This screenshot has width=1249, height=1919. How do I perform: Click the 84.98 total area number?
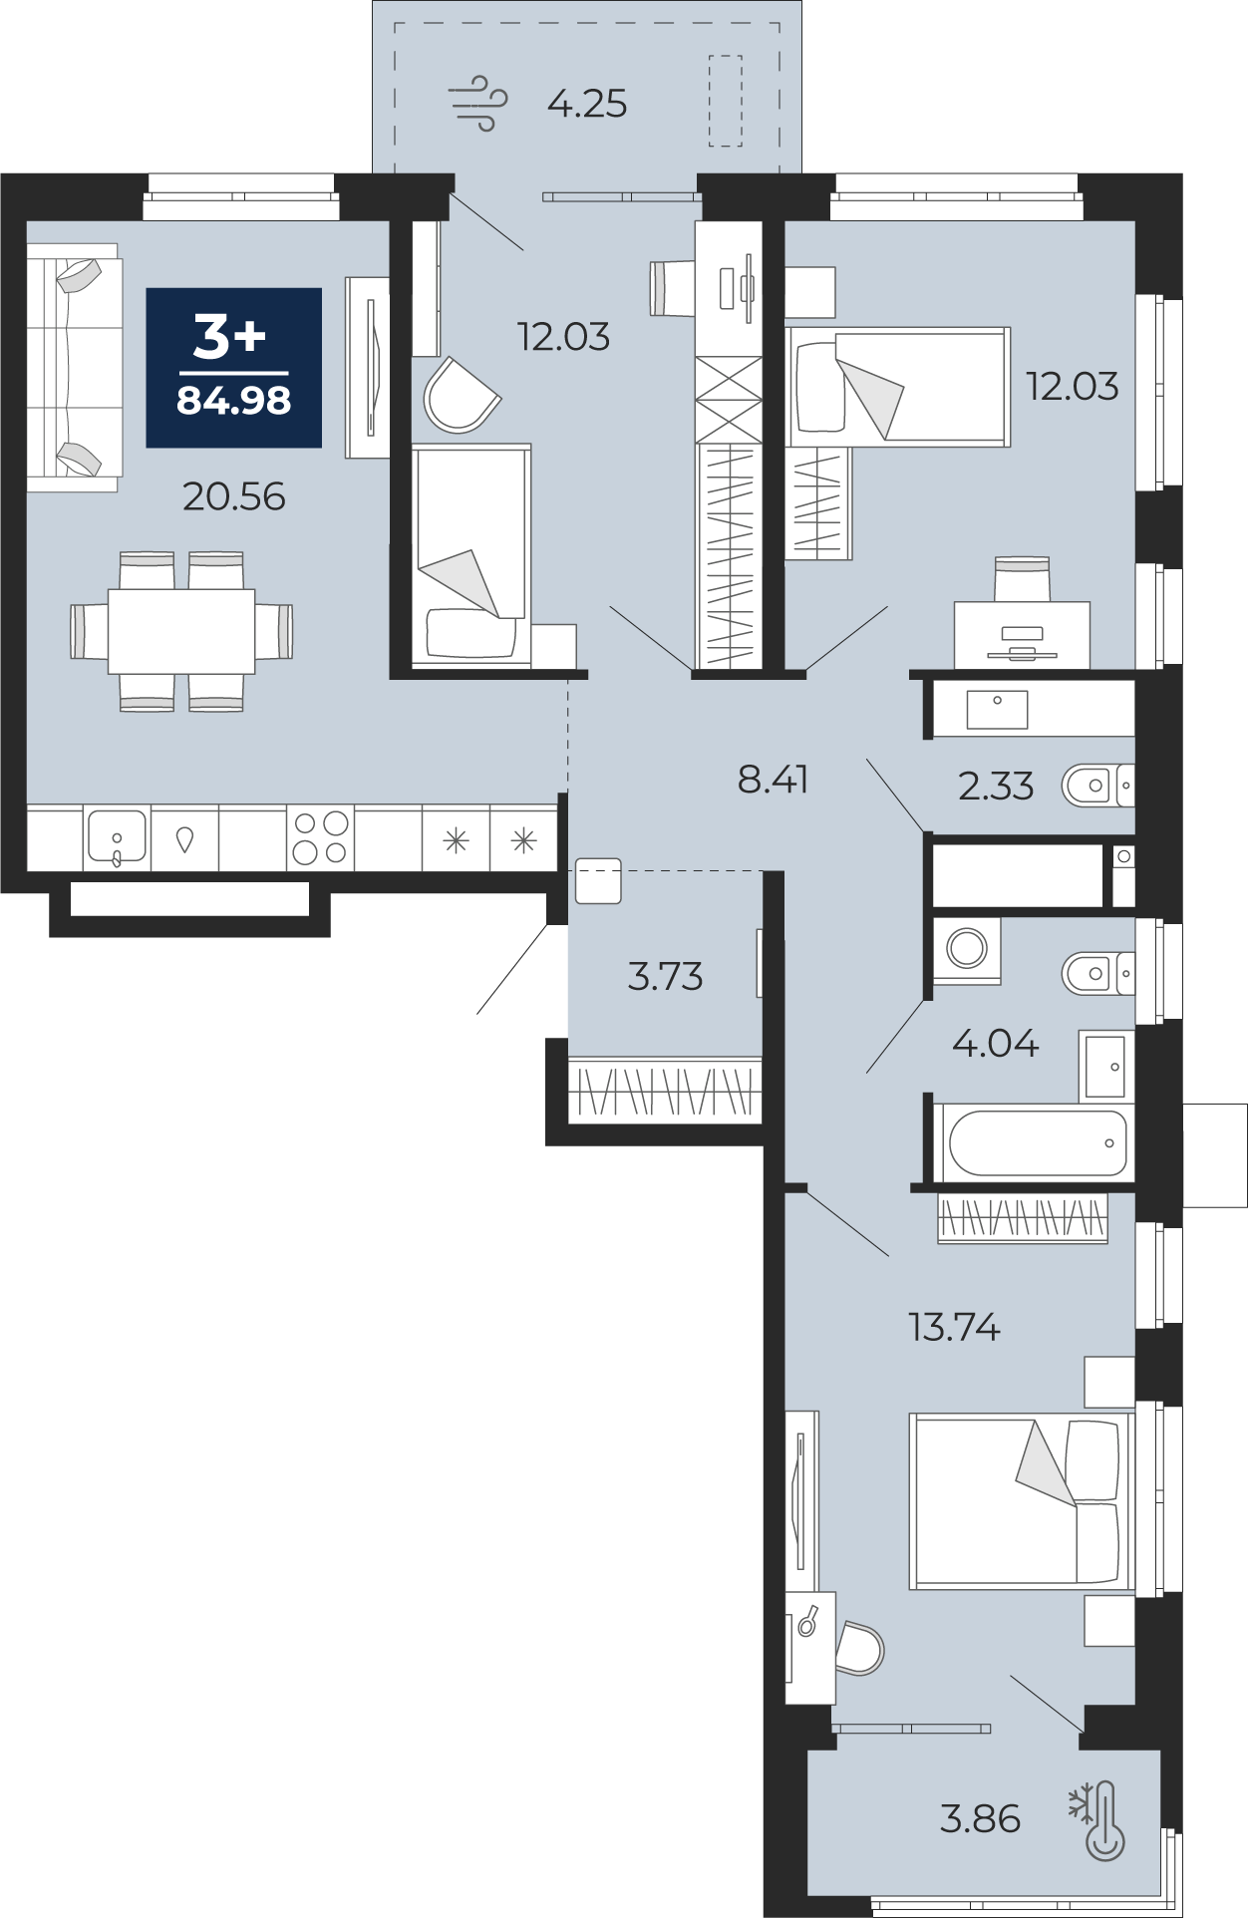(x=234, y=401)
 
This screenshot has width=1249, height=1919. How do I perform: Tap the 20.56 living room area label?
(x=234, y=496)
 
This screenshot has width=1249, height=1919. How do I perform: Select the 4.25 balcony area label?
(x=587, y=104)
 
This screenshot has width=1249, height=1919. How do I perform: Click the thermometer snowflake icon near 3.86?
(x=1098, y=1820)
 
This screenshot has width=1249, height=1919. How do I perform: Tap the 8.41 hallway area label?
(x=773, y=780)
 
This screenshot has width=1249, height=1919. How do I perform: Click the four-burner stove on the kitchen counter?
(x=321, y=837)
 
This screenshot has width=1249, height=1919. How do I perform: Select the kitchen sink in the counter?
(x=117, y=837)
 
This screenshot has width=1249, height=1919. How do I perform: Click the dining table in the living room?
(x=181, y=631)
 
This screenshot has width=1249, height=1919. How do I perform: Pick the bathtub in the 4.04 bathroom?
(x=1037, y=1142)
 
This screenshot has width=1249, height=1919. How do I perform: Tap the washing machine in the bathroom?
(x=967, y=949)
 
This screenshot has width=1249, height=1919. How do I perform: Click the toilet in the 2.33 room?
(x=1097, y=786)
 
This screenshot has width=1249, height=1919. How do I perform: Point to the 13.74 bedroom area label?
(x=954, y=1328)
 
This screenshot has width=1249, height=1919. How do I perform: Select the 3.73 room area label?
(x=665, y=977)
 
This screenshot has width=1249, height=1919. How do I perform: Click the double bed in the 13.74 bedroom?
(x=1022, y=1501)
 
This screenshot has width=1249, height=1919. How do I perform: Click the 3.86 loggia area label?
(x=980, y=1819)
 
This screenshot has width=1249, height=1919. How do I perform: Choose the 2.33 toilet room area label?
(x=996, y=787)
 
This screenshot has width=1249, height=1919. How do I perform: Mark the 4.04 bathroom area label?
(x=995, y=1044)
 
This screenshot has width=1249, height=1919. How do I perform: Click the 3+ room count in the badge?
(x=230, y=336)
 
